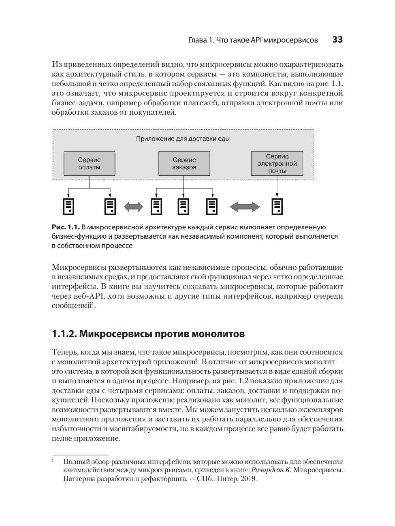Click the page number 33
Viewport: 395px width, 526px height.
[338, 40]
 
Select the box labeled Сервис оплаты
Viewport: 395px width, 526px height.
[89, 163]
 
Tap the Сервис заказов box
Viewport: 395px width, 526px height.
[184, 163]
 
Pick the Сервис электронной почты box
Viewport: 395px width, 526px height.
[277, 163]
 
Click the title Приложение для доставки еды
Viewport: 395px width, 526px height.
[183, 139]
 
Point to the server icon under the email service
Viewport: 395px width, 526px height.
[277, 206]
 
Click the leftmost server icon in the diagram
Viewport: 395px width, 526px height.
[68, 206]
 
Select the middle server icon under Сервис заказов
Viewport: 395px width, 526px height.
[183, 206]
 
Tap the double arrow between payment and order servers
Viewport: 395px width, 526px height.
[133, 207]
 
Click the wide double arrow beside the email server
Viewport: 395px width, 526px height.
[245, 207]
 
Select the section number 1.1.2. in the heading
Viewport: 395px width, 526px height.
[65, 334]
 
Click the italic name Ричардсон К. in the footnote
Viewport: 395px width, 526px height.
[271, 470]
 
